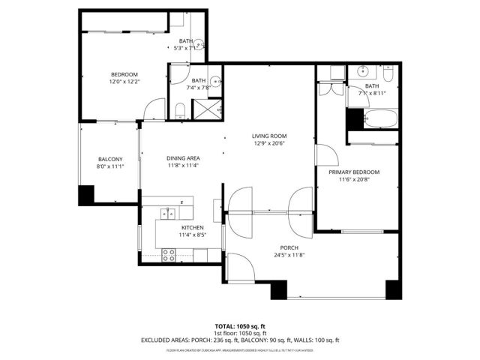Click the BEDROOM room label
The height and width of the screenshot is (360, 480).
point(124,73)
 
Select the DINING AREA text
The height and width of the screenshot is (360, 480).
point(182,158)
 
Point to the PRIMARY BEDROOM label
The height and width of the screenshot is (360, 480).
point(354,172)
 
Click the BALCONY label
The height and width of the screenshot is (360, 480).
point(110,158)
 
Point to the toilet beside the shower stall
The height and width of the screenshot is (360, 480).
point(181,112)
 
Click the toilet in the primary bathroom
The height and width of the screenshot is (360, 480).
point(389,75)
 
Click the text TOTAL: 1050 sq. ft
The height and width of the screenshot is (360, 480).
point(240,325)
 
